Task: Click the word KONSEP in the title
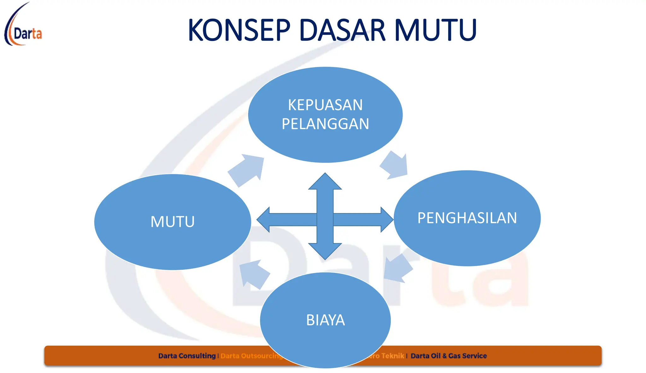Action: pyautogui.click(x=239, y=30)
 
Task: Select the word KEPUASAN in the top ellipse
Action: pyautogui.click(x=325, y=105)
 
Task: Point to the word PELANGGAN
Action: pyautogui.click(x=325, y=124)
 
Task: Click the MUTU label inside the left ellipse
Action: pyautogui.click(x=173, y=222)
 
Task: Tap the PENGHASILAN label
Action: pyautogui.click(x=467, y=218)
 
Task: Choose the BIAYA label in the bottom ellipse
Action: pyautogui.click(x=325, y=320)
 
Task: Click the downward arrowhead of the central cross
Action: pyautogui.click(x=325, y=251)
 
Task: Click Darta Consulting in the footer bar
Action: pyautogui.click(x=187, y=356)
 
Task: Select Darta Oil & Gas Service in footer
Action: pyautogui.click(x=449, y=356)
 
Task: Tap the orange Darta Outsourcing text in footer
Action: pyautogui.click(x=251, y=356)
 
